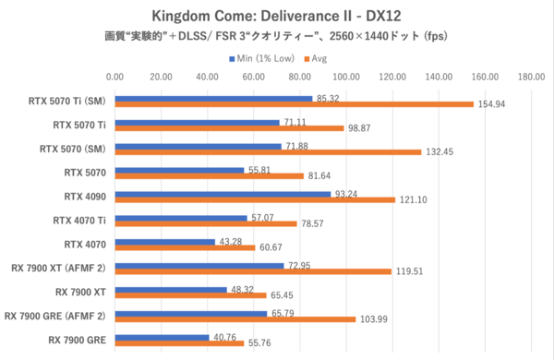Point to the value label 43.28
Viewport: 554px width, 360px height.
pyautogui.click(x=231, y=242)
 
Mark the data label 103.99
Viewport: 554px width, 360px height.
pyautogui.click(x=374, y=318)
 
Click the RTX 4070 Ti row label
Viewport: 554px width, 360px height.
pyautogui.click(x=85, y=220)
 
